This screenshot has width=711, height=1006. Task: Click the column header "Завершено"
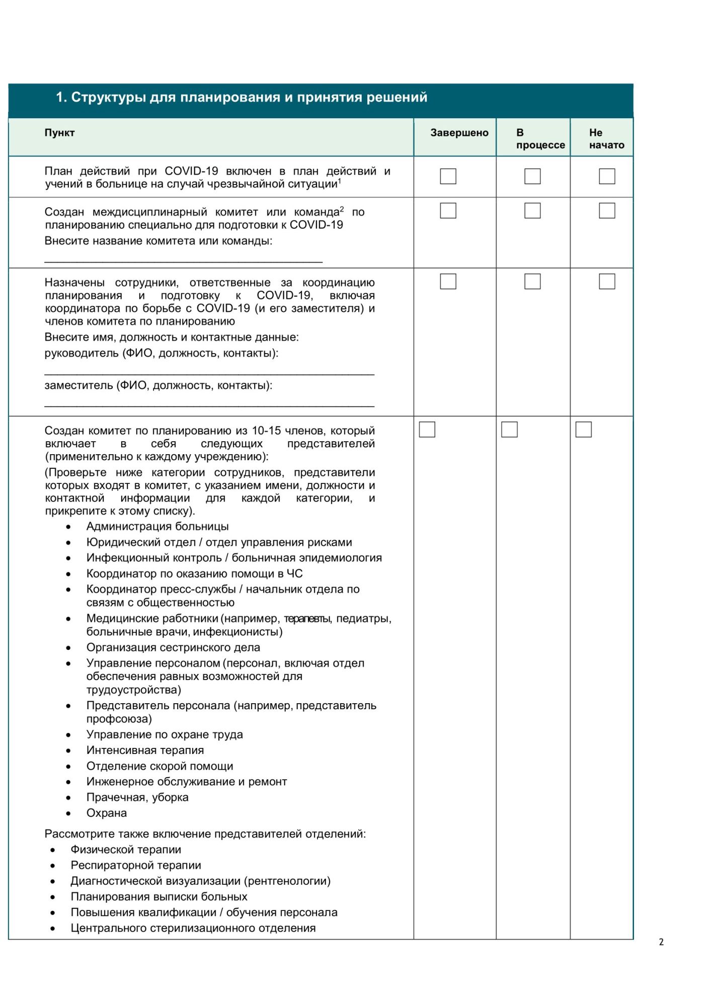pos(459,133)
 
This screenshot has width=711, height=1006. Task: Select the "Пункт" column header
pos(59,133)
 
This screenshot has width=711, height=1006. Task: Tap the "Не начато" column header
pos(606,139)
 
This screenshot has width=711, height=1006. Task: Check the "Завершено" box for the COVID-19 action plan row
pos(448,176)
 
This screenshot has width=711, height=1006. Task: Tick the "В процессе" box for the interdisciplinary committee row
pos(532,210)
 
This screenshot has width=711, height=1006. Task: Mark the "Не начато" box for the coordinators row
pos(607,281)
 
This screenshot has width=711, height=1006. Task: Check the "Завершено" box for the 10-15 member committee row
pos(427,430)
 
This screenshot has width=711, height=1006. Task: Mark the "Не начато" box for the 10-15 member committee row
pos(583,430)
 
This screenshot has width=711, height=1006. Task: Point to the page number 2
pos(661,942)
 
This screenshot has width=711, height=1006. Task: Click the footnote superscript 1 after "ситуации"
pos(340,181)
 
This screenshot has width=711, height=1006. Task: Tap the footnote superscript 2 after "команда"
pos(342,209)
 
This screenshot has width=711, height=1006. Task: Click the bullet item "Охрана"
pos(107,813)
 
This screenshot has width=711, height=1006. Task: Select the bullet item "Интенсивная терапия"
pos(145,750)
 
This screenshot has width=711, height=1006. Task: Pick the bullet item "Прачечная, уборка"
pos(137,797)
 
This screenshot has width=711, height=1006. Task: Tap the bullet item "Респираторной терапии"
pos(136,865)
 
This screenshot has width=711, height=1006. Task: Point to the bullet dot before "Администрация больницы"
pos(68,527)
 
